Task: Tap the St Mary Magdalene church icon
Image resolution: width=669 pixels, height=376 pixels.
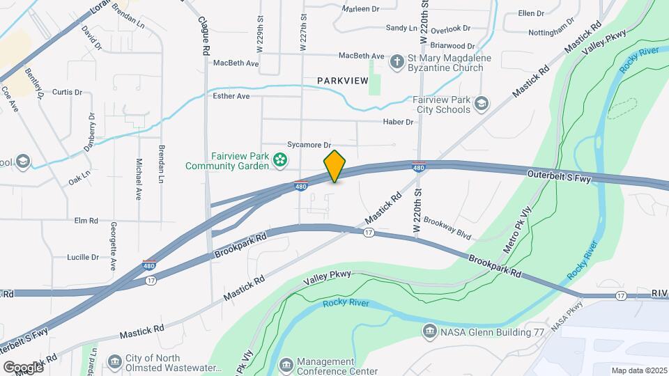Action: (x=397, y=62)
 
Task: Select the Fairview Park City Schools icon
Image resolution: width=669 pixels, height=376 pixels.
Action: (x=481, y=104)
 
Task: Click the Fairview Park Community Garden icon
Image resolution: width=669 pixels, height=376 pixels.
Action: (x=279, y=161)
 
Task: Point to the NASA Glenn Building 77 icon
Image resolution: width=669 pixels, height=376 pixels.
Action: (x=429, y=332)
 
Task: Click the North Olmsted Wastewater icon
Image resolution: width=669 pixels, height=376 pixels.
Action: (x=114, y=363)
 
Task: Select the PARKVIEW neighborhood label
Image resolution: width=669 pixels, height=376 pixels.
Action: (x=342, y=81)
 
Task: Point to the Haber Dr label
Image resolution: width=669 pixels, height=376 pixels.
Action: (x=398, y=122)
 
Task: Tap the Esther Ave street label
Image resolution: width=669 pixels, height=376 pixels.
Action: (x=231, y=96)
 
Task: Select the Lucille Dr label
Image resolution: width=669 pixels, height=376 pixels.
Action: (x=83, y=257)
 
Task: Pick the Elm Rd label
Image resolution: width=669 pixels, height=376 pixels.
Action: (x=86, y=221)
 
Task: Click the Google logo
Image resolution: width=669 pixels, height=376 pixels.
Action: (x=23, y=367)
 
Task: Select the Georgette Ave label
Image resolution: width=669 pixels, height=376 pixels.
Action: (x=112, y=246)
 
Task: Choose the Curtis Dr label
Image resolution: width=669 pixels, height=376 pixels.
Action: (x=67, y=92)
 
